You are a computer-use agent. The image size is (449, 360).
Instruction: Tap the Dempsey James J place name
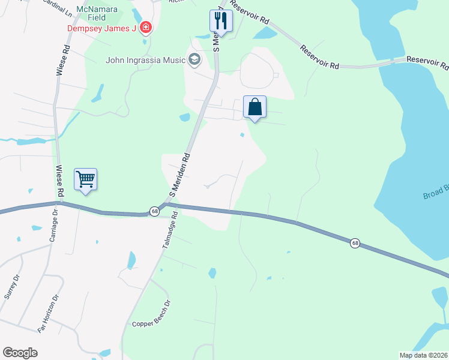pos(101,28)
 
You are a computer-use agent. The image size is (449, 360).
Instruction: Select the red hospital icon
pos(145,28)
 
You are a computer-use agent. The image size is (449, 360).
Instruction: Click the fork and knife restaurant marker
pos(221,21)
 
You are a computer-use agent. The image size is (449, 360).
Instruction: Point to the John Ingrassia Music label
pos(146,59)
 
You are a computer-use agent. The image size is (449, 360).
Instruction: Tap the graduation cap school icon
pos(194,59)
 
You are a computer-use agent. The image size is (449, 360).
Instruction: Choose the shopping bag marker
pos(255,107)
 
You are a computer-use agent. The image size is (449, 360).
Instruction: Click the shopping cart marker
pos(85,179)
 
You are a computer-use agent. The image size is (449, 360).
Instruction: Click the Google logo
pos(20,353)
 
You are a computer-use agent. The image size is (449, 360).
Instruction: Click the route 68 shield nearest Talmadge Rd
pos(154,212)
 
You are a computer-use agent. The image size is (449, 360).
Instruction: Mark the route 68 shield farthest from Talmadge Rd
pos(355,243)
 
